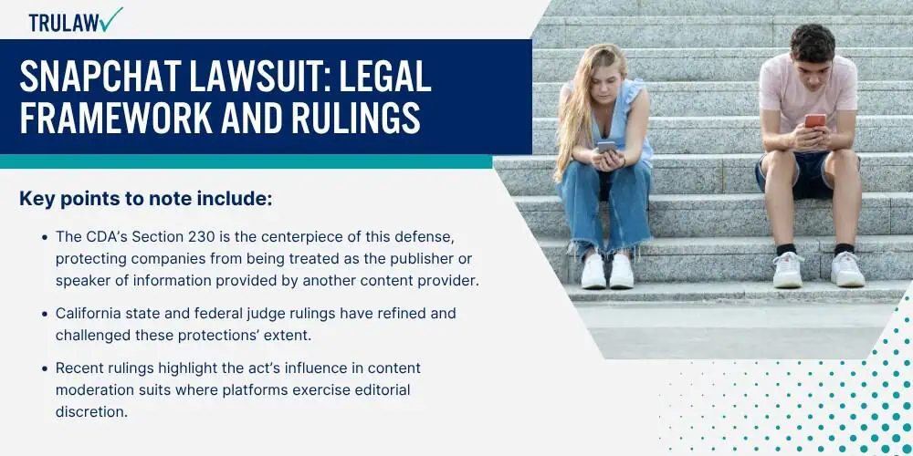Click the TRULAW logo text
(64, 23)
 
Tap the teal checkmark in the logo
(110, 19)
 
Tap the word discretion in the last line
(91, 411)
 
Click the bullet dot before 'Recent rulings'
(45, 368)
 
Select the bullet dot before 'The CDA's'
(45, 238)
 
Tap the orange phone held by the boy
(814, 120)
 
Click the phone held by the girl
(605, 147)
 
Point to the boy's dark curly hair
(813, 42)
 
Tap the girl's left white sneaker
(593, 271)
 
